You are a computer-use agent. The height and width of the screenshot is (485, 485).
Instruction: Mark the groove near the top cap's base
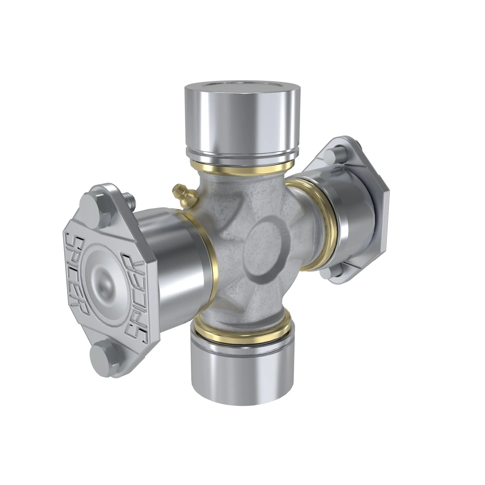[242, 155]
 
